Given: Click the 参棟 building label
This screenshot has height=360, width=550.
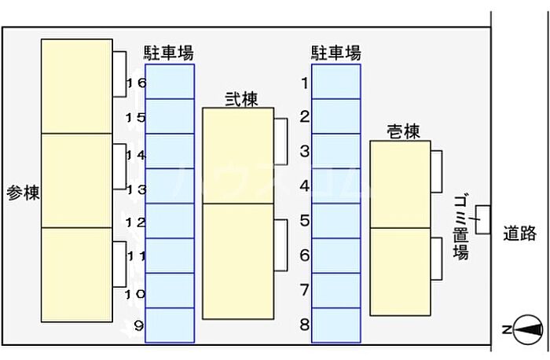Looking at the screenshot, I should [24, 192].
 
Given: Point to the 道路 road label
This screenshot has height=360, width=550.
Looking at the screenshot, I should [520, 233].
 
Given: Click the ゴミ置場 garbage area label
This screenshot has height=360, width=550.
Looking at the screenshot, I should [461, 228].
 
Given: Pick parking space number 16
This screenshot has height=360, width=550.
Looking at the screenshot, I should [170, 82].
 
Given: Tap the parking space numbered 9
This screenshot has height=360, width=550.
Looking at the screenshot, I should [170, 325].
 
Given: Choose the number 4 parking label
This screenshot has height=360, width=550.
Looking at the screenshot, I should [304, 186].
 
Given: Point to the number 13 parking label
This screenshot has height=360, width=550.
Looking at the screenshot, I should [136, 189].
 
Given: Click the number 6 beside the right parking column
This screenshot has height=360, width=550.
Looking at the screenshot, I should [304, 255].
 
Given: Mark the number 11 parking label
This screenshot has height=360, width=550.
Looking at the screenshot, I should [136, 256].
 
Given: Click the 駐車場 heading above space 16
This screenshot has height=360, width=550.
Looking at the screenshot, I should [169, 53].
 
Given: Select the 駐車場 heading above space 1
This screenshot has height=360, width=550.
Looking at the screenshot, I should [335, 53].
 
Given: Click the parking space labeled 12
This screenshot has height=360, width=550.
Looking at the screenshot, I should [170, 221].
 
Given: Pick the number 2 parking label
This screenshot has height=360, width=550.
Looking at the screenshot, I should [304, 117].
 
